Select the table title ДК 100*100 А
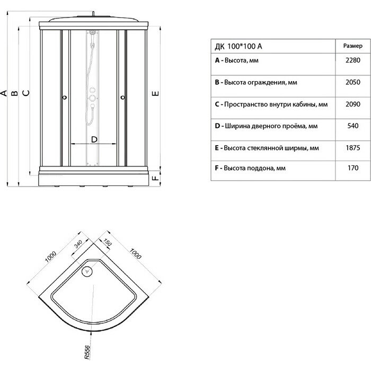(239, 47)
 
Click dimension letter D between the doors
(94, 139)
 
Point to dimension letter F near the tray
(155, 179)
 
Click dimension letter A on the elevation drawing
(4, 94)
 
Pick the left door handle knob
(64, 98)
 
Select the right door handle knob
(122, 98)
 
